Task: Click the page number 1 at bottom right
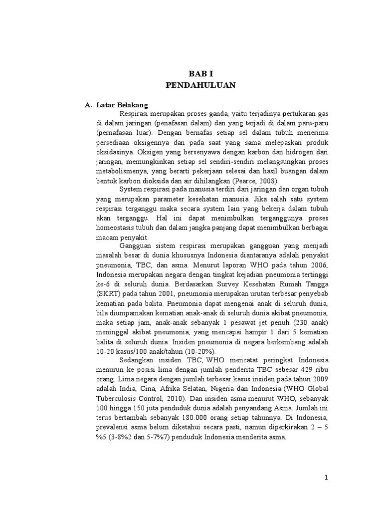tap(326, 477)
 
